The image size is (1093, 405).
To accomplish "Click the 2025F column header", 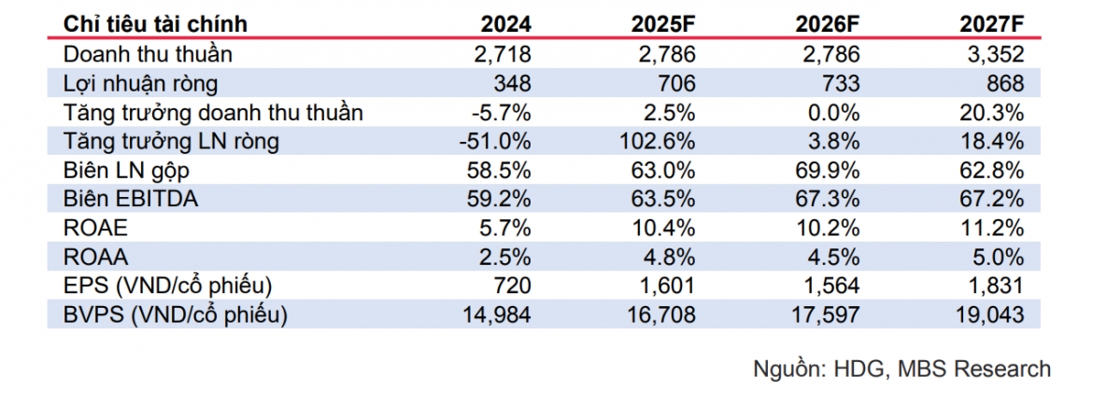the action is [x=663, y=23].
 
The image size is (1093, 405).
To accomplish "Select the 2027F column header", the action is [x=992, y=23].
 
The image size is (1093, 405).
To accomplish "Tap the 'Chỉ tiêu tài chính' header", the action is [x=155, y=23].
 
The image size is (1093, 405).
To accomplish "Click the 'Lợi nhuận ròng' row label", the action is [x=140, y=83].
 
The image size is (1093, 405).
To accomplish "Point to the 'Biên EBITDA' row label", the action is [x=131, y=199].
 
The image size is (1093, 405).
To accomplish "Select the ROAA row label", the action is [x=95, y=257].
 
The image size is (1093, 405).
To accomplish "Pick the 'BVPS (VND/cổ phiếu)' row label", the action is [x=175, y=315].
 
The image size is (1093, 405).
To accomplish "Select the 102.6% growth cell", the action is [x=658, y=141].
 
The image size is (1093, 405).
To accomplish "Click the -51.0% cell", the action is [x=496, y=141].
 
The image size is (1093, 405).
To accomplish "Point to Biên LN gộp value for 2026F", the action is [x=828, y=171].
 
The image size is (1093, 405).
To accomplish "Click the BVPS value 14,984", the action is [x=496, y=315].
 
